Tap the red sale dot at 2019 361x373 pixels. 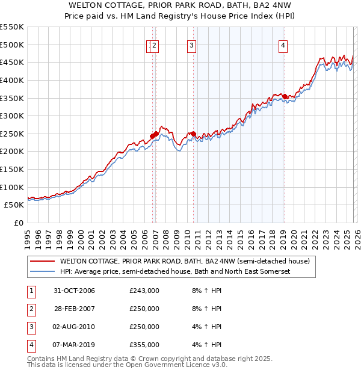click(x=285, y=96)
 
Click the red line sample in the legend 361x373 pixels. click(x=42, y=262)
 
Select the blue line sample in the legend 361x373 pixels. click(x=42, y=272)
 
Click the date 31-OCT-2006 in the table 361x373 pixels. click(x=74, y=291)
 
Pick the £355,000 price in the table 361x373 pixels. click(x=144, y=345)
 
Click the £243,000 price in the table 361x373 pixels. click(x=144, y=291)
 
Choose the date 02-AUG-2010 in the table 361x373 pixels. click(x=74, y=327)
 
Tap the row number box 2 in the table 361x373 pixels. click(x=31, y=309)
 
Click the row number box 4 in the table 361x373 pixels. click(x=31, y=345)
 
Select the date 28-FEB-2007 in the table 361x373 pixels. click(x=74, y=309)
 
